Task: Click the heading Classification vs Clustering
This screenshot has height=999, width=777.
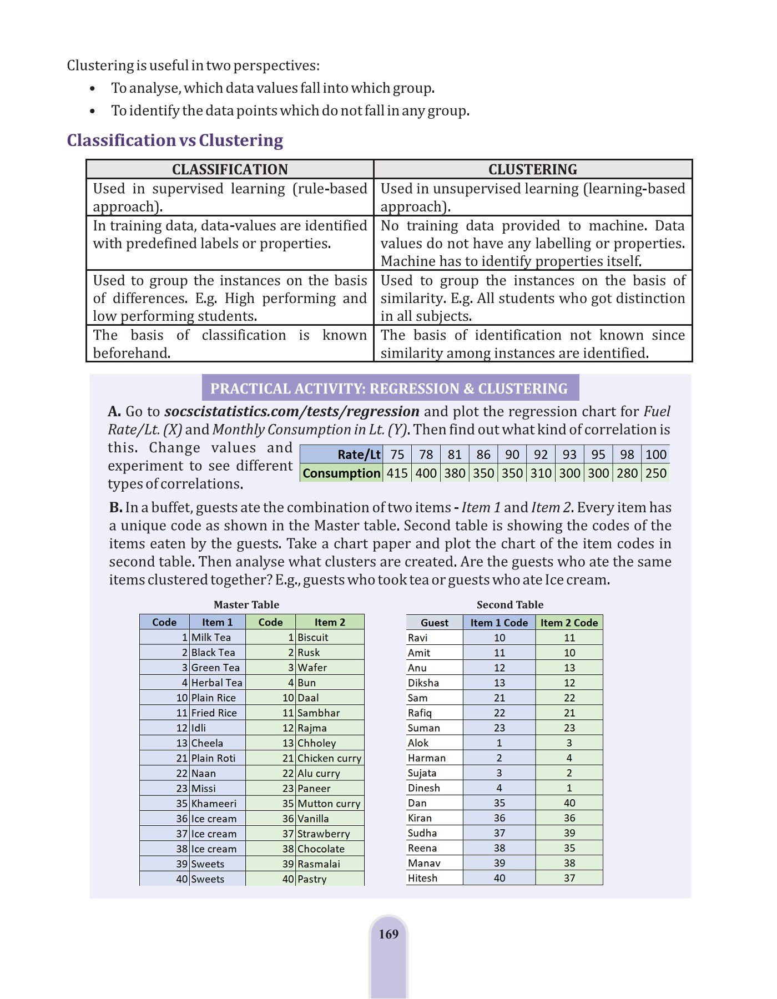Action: (x=175, y=140)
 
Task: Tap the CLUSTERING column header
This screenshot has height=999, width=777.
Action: (x=532, y=169)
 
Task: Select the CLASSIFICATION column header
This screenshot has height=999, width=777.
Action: (x=230, y=169)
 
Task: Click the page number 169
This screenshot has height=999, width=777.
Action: (x=389, y=934)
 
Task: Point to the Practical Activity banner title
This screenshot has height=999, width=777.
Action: (x=389, y=389)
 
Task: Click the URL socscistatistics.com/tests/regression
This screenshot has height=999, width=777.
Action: (x=292, y=411)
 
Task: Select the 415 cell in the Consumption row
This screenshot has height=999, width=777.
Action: (x=397, y=473)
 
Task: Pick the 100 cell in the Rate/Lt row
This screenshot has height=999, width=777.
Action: (x=655, y=455)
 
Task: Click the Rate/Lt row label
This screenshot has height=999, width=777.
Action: (x=359, y=455)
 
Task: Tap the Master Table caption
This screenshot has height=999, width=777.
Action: (x=246, y=605)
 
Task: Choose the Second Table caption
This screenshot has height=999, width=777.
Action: (x=510, y=605)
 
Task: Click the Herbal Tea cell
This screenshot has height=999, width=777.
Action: (x=216, y=683)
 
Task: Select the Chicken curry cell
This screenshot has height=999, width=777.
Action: (x=329, y=758)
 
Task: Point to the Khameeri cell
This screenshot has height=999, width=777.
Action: (x=214, y=804)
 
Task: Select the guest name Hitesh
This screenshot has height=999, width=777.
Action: (x=422, y=878)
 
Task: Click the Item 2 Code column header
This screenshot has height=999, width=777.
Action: (x=569, y=623)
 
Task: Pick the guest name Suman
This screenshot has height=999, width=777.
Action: (x=423, y=728)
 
